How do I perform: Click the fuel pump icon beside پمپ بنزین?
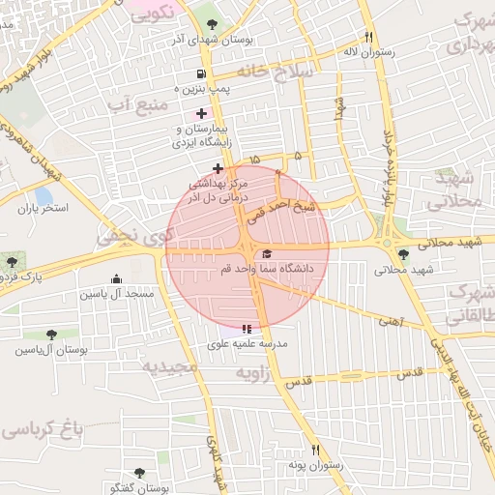point(200,73)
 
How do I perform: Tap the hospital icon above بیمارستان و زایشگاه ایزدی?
point(200,114)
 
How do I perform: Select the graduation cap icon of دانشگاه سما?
point(267,253)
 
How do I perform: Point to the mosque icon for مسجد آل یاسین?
point(116,278)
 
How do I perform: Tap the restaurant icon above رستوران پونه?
point(315,450)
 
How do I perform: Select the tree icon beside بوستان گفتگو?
point(139,473)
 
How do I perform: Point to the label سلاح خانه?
point(306,73)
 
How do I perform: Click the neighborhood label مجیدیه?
point(169,367)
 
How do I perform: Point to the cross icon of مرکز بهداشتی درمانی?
point(218,168)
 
